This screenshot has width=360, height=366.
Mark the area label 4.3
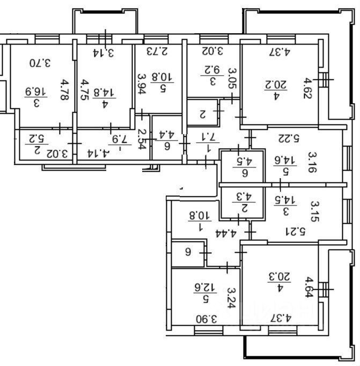[243, 196]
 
